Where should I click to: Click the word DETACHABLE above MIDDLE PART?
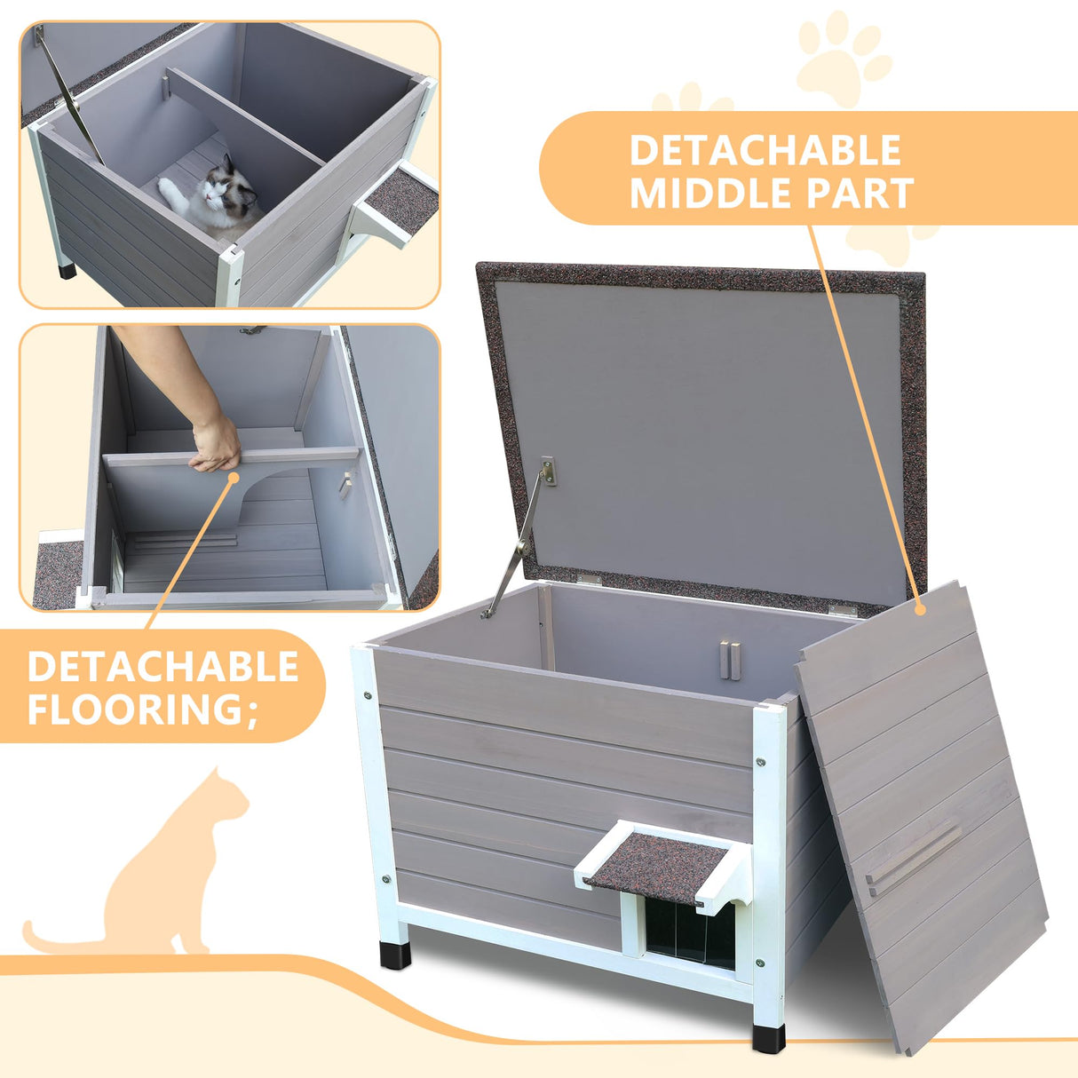pos(765,151)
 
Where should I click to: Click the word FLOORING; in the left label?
pos(142,710)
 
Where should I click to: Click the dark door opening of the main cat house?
pos(689,932)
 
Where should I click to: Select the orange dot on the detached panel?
pos(921,610)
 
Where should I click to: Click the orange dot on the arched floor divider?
pos(235,478)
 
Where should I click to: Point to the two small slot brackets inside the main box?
pos(731,660)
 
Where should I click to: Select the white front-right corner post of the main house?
pos(768,870)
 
